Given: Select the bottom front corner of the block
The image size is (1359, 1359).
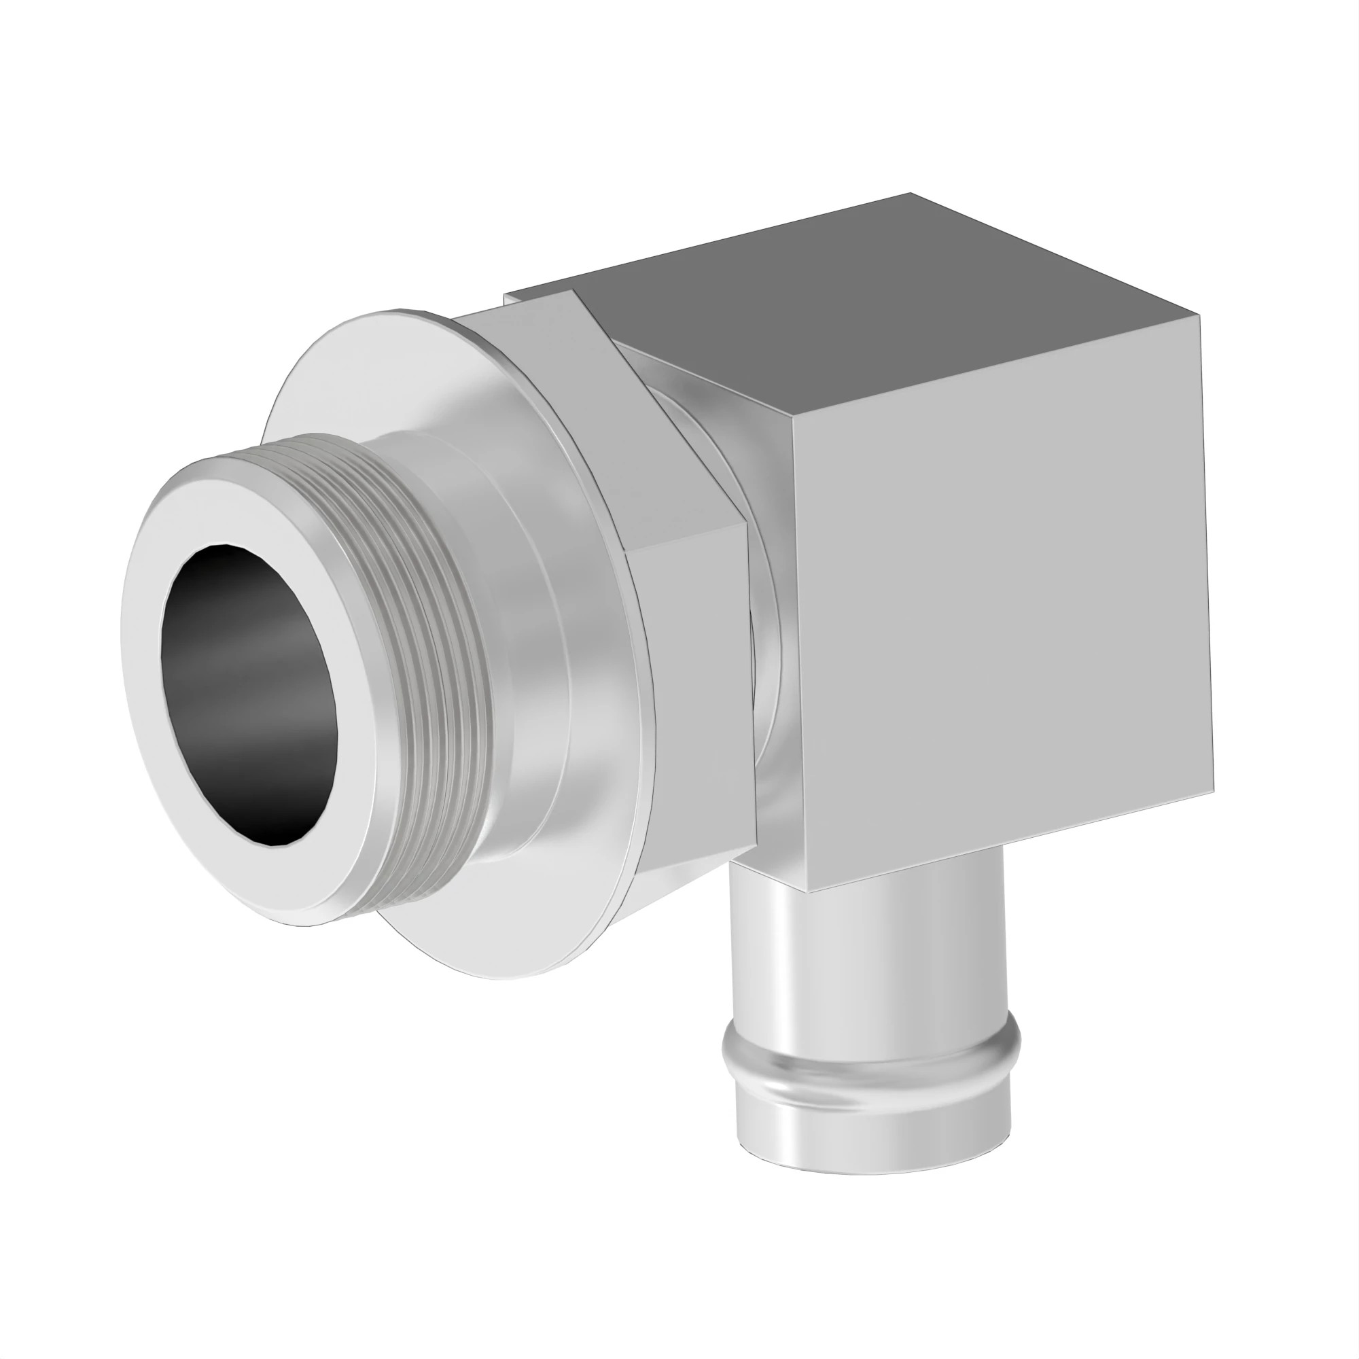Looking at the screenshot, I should point(807,892).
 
